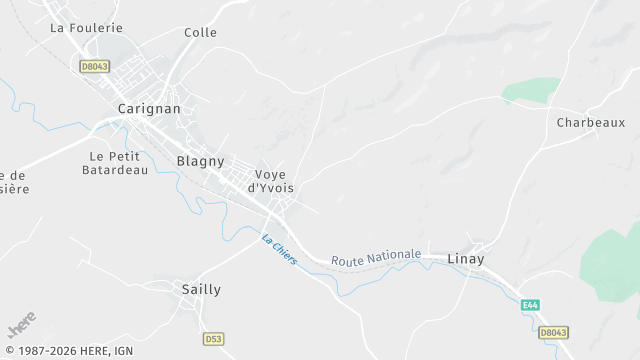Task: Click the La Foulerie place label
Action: point(86,28)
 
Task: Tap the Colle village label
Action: point(200,32)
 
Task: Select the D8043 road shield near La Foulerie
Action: point(96,65)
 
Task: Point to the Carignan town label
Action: point(149,108)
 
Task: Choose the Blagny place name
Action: point(200,160)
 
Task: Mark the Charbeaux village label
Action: point(590,122)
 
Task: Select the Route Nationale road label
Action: point(376,256)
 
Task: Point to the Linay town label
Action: point(465,259)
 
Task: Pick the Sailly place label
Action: point(201,289)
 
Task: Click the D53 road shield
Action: point(213,339)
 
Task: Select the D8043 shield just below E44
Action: point(553,332)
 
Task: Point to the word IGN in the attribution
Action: point(123,352)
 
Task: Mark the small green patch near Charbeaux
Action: point(530,91)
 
